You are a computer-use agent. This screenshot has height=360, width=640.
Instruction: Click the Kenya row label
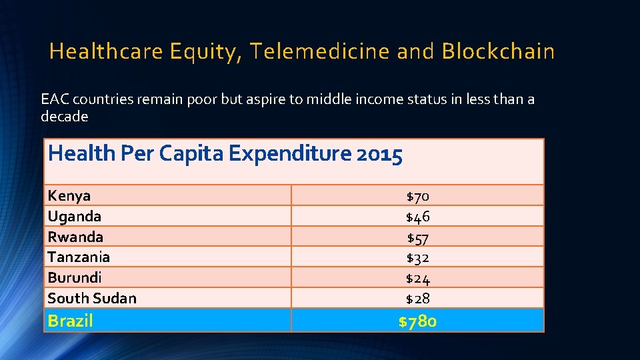click(x=69, y=196)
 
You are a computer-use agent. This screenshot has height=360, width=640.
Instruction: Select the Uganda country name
click(x=75, y=217)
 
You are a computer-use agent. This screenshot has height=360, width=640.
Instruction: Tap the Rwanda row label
click(x=75, y=237)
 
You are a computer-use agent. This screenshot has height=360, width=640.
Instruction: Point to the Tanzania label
click(x=79, y=257)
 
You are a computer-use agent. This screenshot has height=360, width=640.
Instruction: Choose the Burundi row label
click(x=75, y=278)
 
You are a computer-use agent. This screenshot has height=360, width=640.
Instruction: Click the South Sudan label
click(x=92, y=299)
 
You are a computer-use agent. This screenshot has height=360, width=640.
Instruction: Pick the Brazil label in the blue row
click(x=71, y=321)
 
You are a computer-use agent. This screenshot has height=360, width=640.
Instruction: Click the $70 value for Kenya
click(x=418, y=197)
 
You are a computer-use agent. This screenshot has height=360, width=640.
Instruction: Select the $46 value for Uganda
click(x=418, y=217)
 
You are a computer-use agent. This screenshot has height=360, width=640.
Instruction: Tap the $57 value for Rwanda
click(x=418, y=237)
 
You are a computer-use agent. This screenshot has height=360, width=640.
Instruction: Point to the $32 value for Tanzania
click(x=418, y=257)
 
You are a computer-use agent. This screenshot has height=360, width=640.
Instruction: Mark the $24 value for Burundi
click(x=418, y=278)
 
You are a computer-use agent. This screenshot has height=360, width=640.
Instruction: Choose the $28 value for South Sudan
click(x=418, y=299)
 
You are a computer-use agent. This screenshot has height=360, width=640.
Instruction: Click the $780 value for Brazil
click(x=417, y=321)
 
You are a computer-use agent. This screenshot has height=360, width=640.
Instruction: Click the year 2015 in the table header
click(x=380, y=155)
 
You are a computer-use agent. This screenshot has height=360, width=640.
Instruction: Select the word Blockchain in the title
click(x=498, y=51)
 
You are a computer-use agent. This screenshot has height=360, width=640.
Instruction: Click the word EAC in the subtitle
click(x=55, y=100)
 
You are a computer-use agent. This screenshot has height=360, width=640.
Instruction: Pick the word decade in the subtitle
click(x=64, y=117)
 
